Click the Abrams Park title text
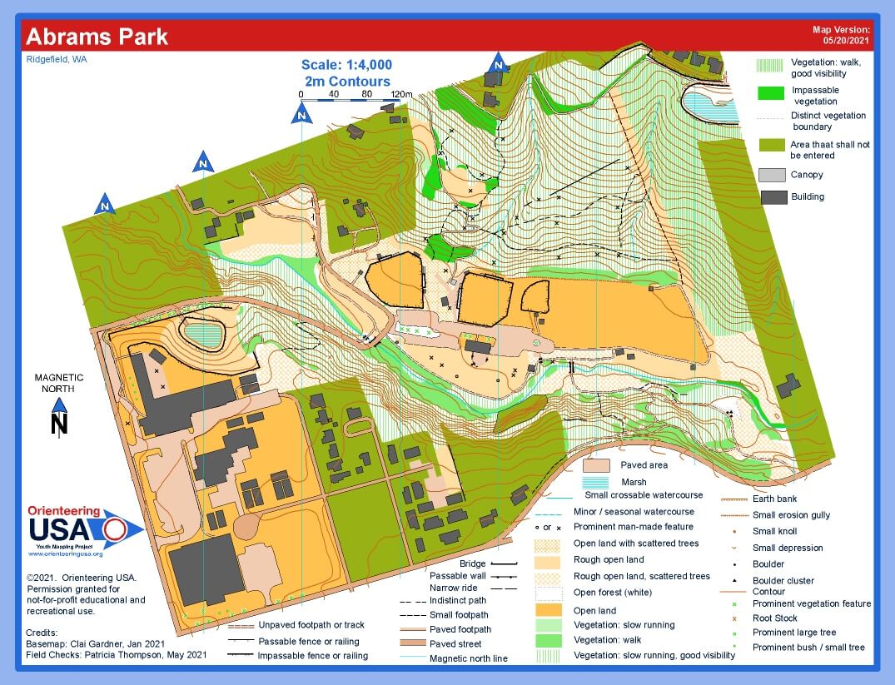point(97,37)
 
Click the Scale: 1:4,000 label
point(347,65)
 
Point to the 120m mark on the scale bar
point(401,94)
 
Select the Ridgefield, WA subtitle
point(57,60)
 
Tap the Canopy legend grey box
point(771,175)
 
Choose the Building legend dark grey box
point(771,197)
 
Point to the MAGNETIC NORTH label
point(59,383)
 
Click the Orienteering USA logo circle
point(115,529)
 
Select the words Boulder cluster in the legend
point(783,581)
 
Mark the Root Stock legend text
point(774,618)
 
